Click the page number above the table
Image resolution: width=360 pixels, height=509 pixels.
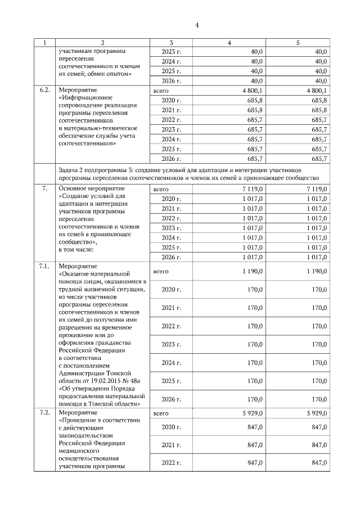tap(197, 25)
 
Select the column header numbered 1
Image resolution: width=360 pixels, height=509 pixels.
tap(46, 43)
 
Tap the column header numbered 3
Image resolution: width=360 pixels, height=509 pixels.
tap(171, 43)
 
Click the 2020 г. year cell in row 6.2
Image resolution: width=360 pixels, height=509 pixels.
tap(171, 100)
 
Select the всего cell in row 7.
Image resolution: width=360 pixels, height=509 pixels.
tap(161, 189)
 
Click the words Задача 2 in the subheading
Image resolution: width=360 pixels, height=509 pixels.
tap(73, 169)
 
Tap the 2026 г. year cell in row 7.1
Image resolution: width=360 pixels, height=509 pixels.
tap(171, 399)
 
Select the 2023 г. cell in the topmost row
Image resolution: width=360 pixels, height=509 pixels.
tap(171, 52)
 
